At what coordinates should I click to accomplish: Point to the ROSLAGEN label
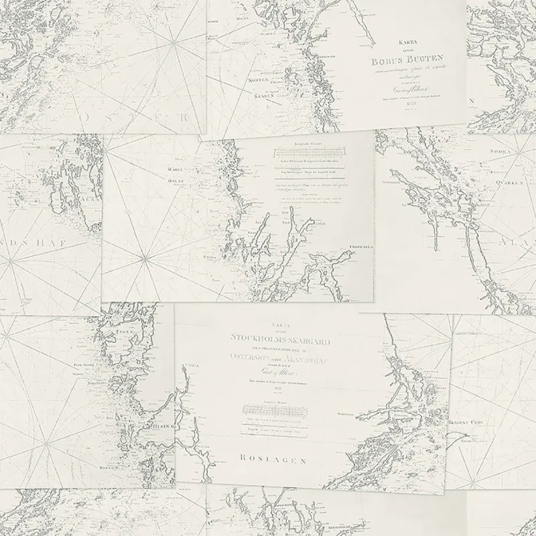tap(274, 460)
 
